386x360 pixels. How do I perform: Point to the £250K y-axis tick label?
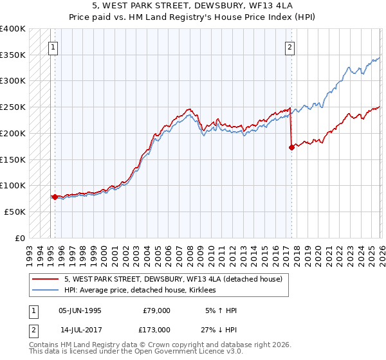13,107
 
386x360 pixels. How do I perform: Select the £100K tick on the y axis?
13,185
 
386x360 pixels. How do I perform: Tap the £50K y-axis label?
15,211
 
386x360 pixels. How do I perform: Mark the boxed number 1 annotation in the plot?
52,46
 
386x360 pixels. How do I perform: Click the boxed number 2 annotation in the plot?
291,46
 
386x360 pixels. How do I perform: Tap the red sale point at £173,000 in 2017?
291,147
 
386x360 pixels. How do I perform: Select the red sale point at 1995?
55,197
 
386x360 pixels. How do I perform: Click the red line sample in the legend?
46,280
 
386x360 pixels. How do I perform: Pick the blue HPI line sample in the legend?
46,291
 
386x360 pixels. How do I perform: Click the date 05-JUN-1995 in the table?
80,310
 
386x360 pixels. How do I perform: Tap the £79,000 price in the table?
156,310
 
